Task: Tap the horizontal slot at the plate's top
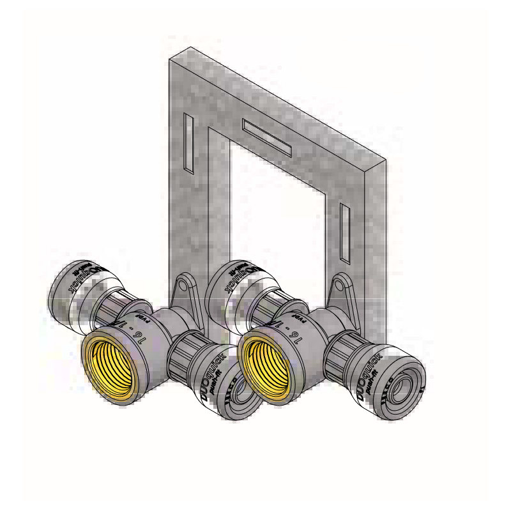(x=267, y=137)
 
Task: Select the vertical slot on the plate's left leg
(x=188, y=143)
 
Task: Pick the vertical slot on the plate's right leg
(x=345, y=233)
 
